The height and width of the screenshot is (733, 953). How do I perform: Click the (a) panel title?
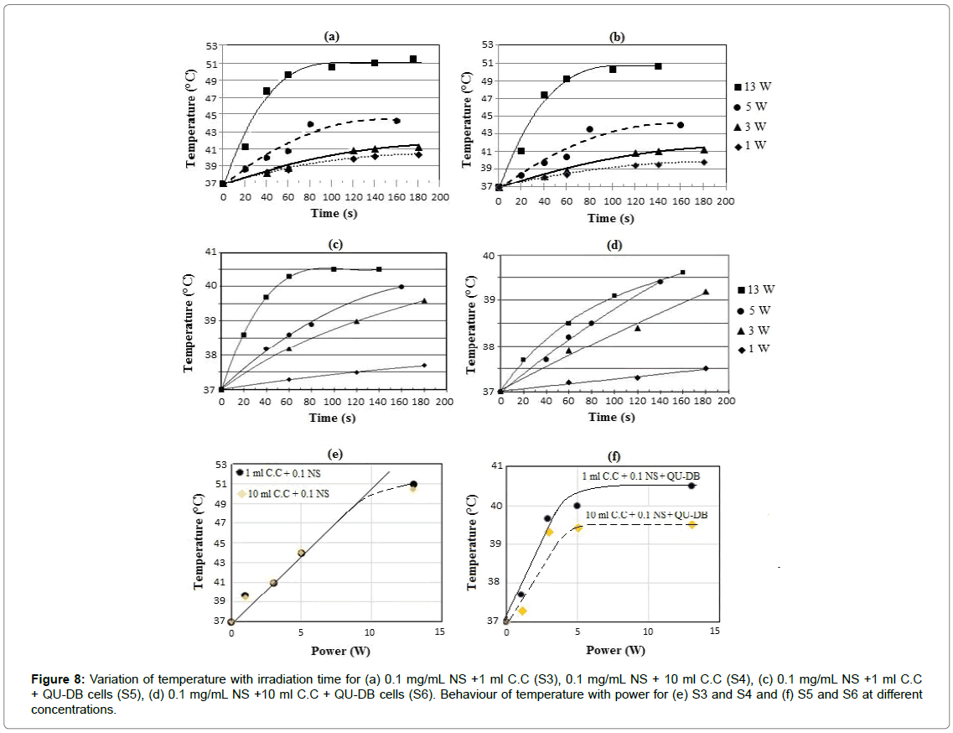pyautogui.click(x=332, y=36)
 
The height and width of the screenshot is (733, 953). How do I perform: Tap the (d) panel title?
pyautogui.click(x=614, y=246)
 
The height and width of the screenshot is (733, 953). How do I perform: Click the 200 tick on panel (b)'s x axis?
pyautogui.click(x=725, y=201)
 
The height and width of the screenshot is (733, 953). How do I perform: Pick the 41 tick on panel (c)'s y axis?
pyautogui.click(x=210, y=252)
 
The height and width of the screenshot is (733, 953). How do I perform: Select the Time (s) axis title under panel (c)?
pyautogui.click(x=333, y=417)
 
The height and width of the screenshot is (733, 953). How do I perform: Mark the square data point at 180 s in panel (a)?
pyautogui.click(x=413, y=60)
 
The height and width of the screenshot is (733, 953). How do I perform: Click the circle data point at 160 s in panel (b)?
pyautogui.click(x=680, y=125)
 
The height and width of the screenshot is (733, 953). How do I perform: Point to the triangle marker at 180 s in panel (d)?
pyautogui.click(x=706, y=292)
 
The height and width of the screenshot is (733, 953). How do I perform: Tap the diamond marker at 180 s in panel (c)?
pyautogui.click(x=424, y=365)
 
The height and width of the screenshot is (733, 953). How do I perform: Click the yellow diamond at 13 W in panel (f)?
pyautogui.click(x=691, y=524)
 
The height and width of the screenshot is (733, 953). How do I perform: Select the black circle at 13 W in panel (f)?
pyautogui.click(x=691, y=486)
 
